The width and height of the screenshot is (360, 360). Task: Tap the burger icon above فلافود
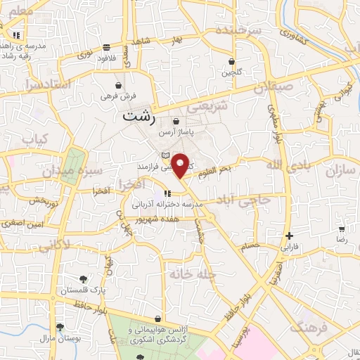[x=106, y=48]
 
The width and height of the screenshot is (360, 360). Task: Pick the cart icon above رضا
[x=342, y=229]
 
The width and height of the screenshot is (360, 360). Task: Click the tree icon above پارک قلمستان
[x=83, y=279]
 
